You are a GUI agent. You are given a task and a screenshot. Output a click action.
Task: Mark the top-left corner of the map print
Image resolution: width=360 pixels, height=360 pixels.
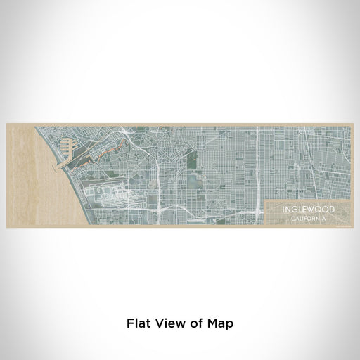pyautogui.click(x=6, y=124)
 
